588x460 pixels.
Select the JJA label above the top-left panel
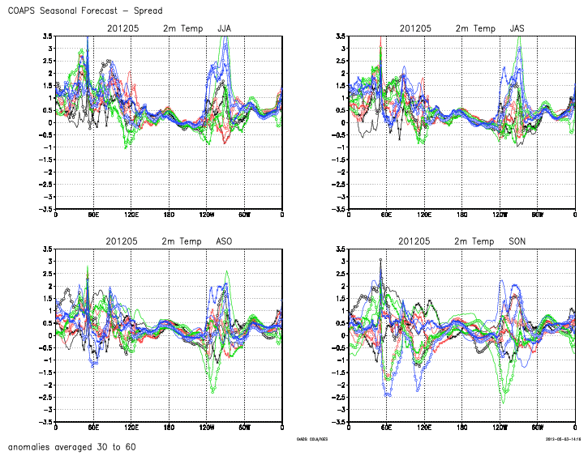225,29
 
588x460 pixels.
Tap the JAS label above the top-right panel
517,29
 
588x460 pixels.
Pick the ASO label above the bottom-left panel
225,241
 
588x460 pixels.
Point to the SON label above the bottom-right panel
517,241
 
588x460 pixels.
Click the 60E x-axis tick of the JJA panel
93,215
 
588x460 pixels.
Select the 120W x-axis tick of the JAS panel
500,215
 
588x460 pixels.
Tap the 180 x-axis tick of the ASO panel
169,428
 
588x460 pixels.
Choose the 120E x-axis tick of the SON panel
424,428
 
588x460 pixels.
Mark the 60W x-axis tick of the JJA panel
244,215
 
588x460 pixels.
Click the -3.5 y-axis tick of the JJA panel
45,209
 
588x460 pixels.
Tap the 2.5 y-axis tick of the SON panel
341,273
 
